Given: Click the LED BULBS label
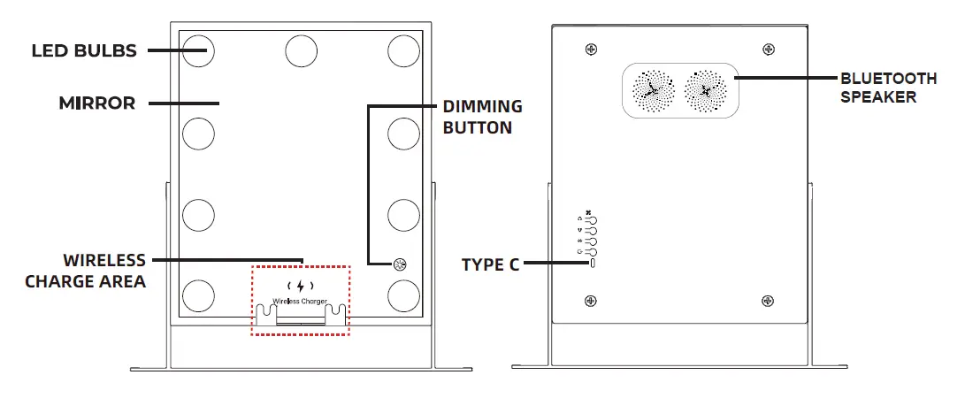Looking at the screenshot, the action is (84, 50).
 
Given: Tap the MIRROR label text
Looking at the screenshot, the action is (97, 103).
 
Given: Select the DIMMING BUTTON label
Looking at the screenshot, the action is (483, 117).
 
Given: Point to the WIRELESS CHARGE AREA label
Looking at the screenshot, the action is (86, 271).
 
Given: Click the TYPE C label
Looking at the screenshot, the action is (491, 264).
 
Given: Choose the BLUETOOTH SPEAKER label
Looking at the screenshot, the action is (889, 88).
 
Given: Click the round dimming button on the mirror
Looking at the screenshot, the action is (400, 264).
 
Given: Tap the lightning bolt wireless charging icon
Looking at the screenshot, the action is (301, 286).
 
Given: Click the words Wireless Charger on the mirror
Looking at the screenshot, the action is (300, 302).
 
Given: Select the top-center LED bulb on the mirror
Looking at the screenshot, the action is (302, 50).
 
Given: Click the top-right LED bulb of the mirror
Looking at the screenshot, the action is (403, 50).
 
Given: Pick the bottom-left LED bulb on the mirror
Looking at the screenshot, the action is (199, 295).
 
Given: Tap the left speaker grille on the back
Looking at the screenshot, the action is (654, 90).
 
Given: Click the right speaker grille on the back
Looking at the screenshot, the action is (706, 90).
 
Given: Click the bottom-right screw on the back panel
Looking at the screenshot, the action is (768, 300).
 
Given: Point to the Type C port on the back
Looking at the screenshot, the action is (593, 264).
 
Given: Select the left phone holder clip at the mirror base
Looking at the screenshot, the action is (264, 315).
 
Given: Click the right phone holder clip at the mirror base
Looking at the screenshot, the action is (336, 315).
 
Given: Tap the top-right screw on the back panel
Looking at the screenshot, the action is (768, 50).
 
